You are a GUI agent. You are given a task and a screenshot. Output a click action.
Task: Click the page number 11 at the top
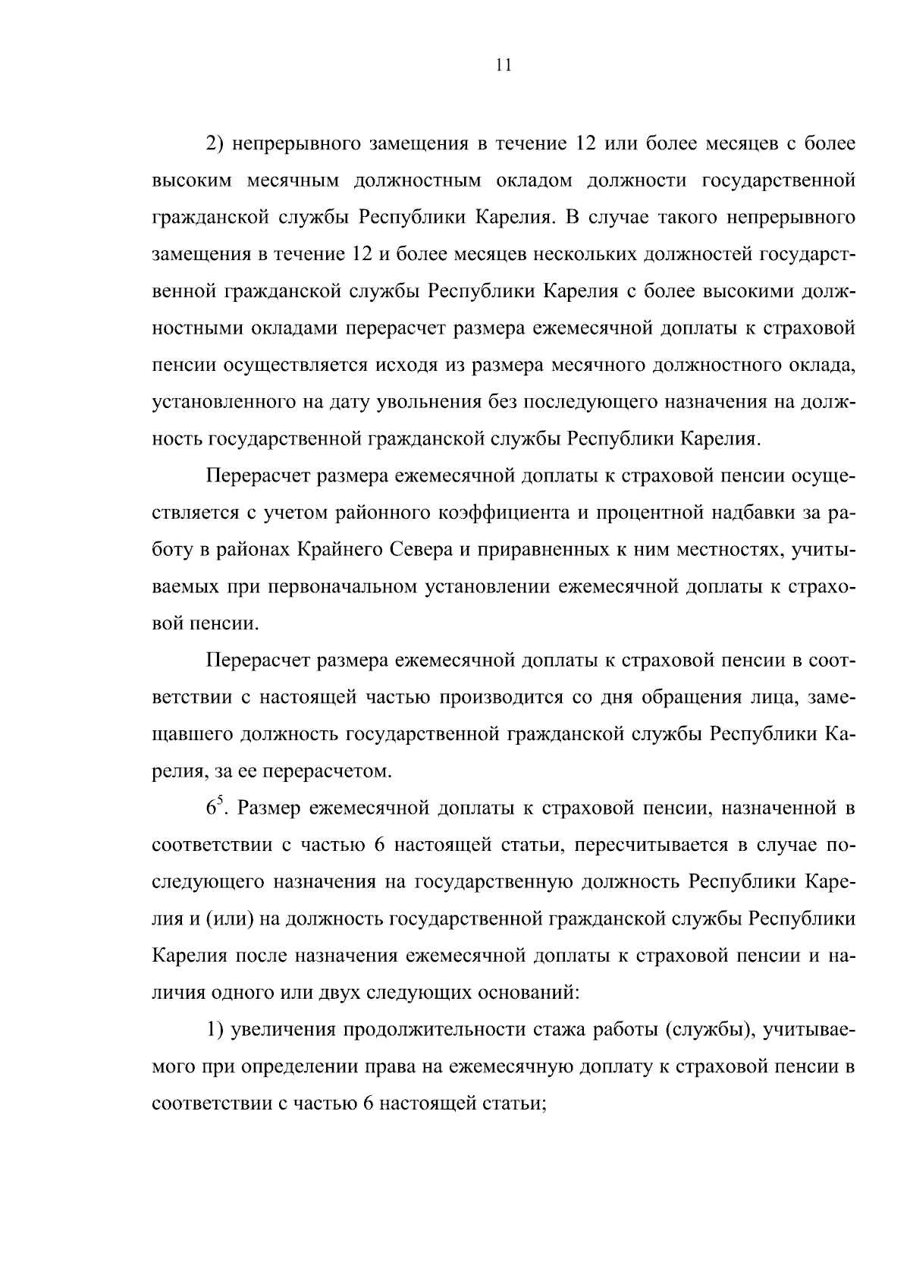click(504, 65)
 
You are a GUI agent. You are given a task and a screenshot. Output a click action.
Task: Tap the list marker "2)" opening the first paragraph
click(215, 143)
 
